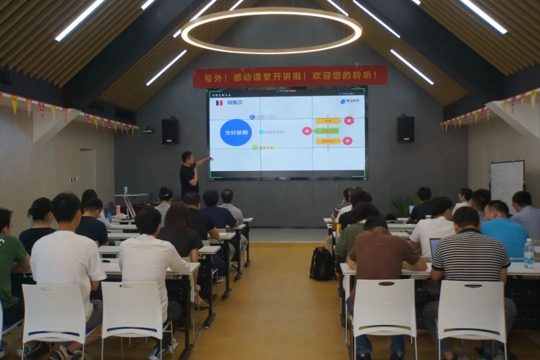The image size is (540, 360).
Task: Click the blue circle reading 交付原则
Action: (x=235, y=132)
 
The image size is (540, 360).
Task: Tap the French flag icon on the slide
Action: (x=219, y=102)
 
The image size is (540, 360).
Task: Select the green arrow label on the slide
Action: (x=326, y=131)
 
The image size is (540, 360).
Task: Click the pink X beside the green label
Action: (x=307, y=131)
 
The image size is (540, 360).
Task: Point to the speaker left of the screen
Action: (x=170, y=131)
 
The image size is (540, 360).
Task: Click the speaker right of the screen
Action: (x=405, y=129)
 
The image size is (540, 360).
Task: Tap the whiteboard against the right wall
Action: (x=506, y=180)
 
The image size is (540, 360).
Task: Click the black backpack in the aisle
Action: (x=321, y=263)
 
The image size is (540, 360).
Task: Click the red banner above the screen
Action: (x=290, y=76)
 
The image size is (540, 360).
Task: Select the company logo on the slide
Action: (x=352, y=101)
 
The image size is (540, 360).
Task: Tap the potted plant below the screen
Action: (x=403, y=205)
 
